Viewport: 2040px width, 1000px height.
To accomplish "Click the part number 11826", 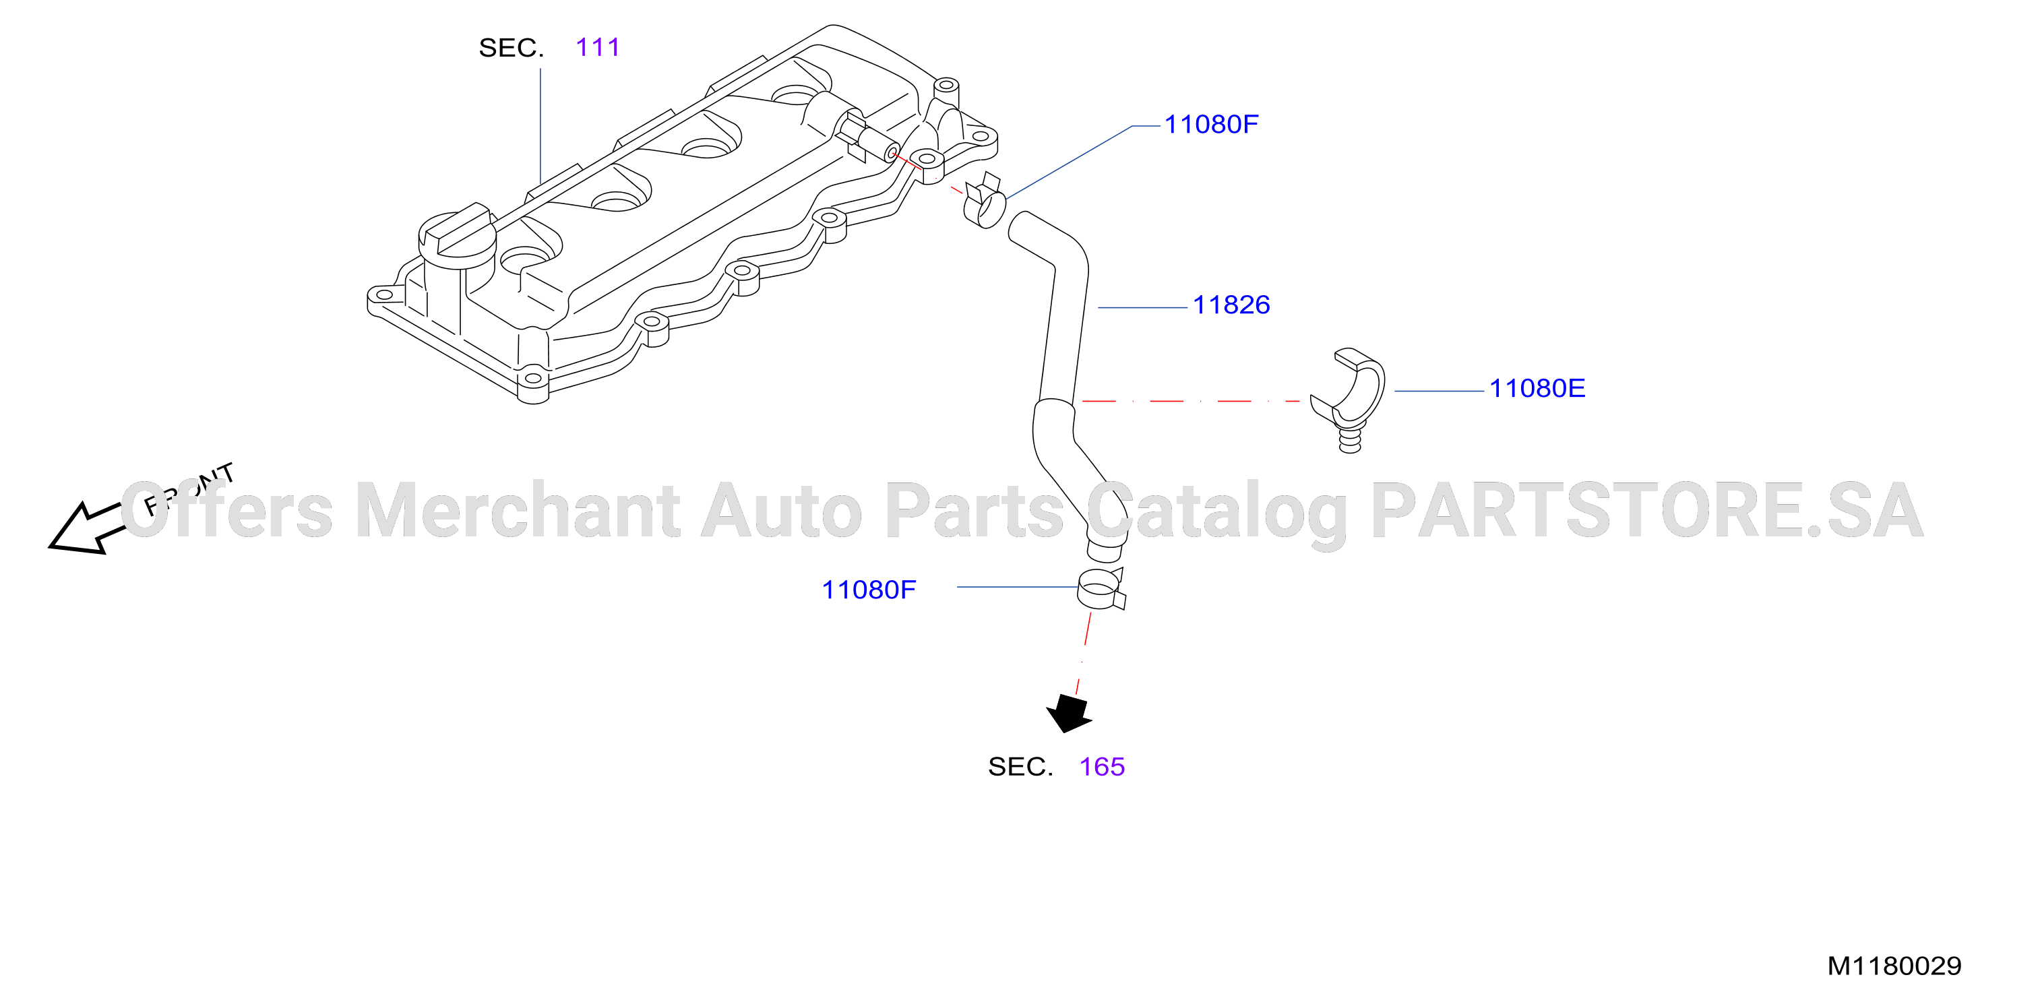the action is click(x=1231, y=305).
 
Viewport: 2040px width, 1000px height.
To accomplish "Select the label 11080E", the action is click(x=1537, y=388).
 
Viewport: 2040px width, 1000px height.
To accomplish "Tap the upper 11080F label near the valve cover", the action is click(x=1211, y=124).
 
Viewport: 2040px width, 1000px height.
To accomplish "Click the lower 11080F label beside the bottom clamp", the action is click(x=869, y=590).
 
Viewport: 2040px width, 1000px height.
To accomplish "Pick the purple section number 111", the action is click(x=598, y=47).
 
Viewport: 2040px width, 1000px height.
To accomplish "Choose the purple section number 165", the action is click(x=1102, y=766).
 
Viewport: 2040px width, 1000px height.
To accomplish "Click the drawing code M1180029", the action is click(x=1894, y=966).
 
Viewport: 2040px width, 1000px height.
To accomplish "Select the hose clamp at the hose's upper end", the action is click(x=985, y=203).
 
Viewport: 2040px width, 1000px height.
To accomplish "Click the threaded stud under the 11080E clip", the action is click(x=1351, y=439).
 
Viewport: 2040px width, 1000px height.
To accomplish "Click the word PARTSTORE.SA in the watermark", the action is click(x=1647, y=511).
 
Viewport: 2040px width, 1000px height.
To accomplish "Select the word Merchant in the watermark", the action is click(x=518, y=510).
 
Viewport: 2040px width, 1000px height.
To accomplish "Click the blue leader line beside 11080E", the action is click(x=1439, y=390).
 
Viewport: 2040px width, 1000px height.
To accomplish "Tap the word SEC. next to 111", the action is click(x=511, y=49).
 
